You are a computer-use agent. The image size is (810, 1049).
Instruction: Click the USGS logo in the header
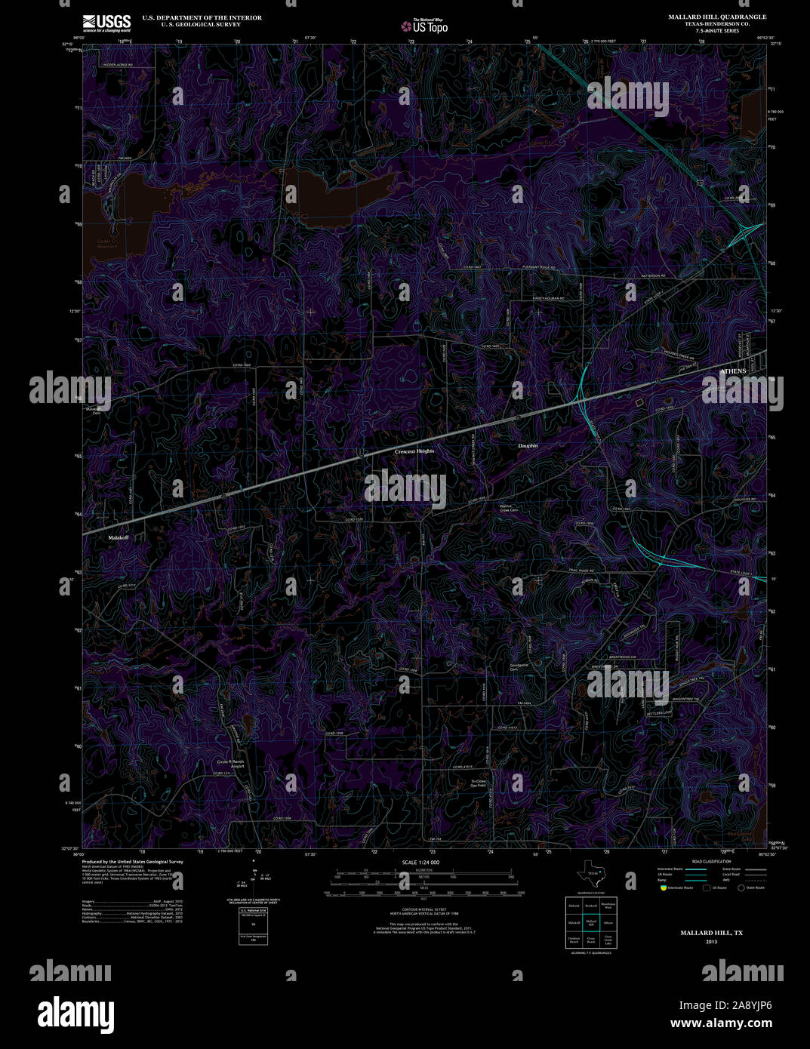click(106, 22)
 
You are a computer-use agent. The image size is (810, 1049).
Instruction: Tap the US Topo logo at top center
click(423, 25)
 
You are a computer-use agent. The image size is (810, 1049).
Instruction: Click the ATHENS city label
click(732, 371)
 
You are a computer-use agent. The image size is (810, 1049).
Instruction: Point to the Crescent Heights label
click(414, 451)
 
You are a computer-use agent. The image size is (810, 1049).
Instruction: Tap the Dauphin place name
click(528, 446)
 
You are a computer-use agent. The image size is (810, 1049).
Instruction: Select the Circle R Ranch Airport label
click(231, 764)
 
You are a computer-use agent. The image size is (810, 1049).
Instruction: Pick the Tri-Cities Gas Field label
click(479, 783)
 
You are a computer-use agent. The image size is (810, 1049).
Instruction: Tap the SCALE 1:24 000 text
click(420, 862)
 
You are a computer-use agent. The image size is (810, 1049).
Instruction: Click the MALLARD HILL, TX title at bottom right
click(711, 933)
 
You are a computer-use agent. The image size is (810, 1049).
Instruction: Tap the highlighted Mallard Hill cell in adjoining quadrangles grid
click(591, 922)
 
